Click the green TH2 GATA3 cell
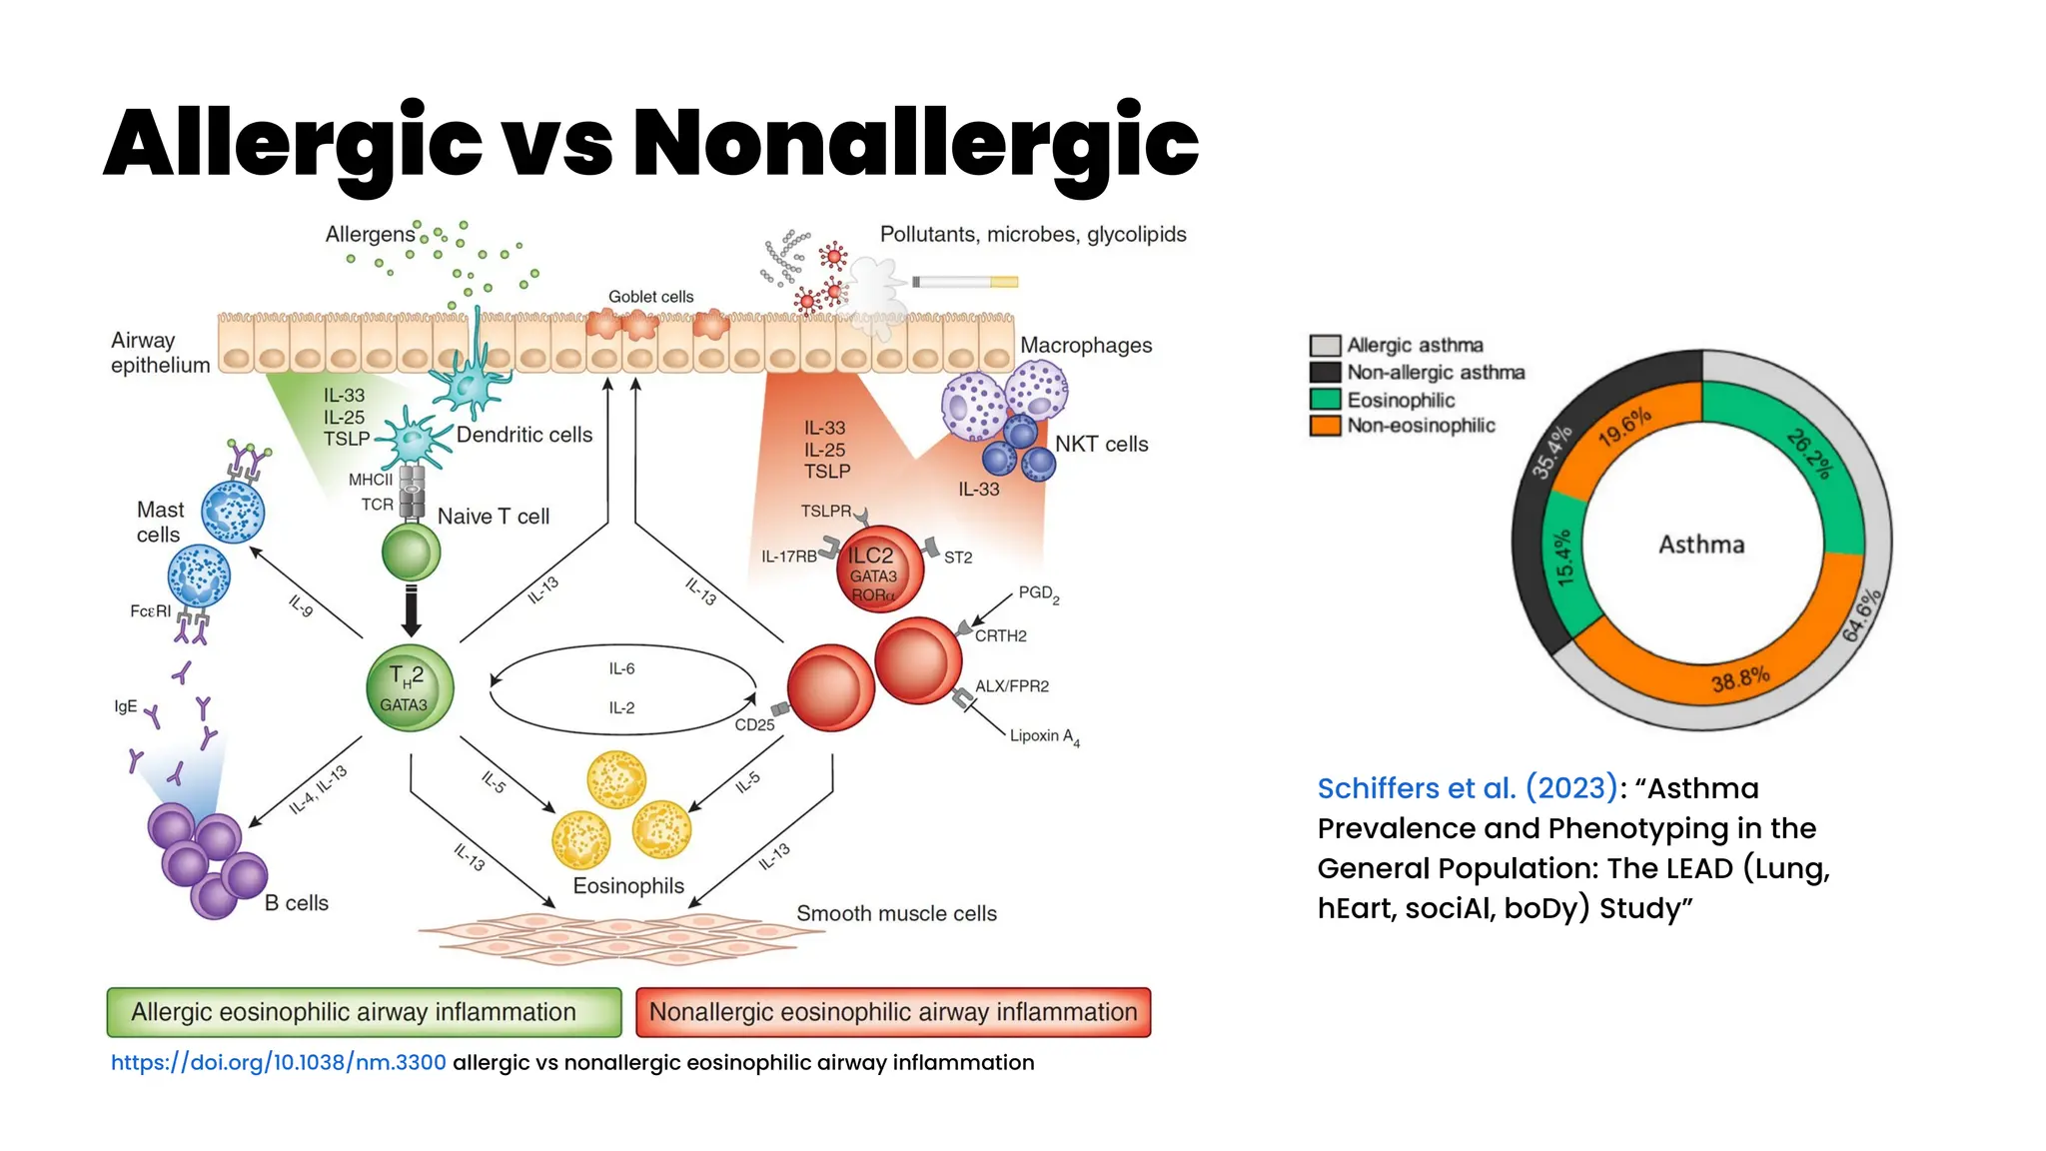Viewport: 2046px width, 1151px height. coord(410,687)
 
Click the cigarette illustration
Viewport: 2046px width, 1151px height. coord(965,282)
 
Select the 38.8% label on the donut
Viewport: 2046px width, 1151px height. coord(1740,679)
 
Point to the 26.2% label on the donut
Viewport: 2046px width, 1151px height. coord(1810,454)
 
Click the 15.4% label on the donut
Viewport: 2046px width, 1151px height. coord(1563,558)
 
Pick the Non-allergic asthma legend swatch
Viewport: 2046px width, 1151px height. coord(1325,373)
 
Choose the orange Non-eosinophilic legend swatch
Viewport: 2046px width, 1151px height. coord(1325,426)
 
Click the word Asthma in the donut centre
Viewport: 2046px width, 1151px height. coord(1701,545)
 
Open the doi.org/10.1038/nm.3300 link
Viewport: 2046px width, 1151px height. coord(278,1062)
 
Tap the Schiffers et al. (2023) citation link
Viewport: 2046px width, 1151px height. coord(1467,788)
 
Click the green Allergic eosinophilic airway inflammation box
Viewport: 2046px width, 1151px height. coord(364,1012)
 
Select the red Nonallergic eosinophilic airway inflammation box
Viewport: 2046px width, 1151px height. coord(893,1012)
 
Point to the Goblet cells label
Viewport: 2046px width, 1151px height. coord(650,297)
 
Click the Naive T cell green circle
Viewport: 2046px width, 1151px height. coord(411,552)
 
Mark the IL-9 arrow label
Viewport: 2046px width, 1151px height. coord(301,605)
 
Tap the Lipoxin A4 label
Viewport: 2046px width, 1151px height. coord(1044,736)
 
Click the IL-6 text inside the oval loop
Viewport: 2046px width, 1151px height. coord(621,668)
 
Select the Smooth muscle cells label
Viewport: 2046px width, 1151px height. coord(896,913)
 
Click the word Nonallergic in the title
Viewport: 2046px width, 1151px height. coord(915,143)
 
